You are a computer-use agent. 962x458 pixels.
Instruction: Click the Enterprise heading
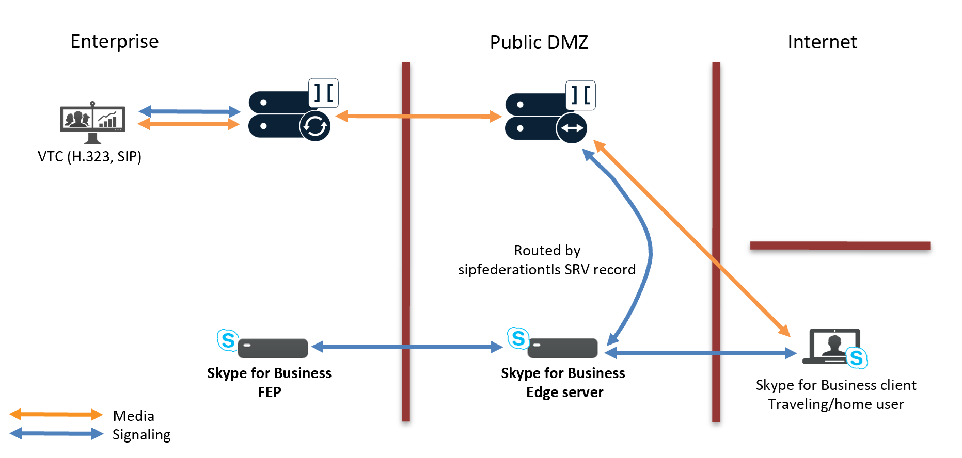[x=114, y=41]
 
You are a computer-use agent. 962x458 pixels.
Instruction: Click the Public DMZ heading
[x=539, y=42]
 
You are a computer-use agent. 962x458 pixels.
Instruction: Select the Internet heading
[x=822, y=42]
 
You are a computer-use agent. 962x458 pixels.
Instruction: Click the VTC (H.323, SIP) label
[x=89, y=156]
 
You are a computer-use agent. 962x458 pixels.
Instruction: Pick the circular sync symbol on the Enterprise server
[x=315, y=125]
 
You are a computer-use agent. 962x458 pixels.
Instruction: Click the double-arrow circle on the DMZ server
[x=572, y=128]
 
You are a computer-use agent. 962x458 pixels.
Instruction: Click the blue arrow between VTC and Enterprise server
[x=190, y=111]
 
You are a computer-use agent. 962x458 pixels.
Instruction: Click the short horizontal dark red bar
[x=840, y=246]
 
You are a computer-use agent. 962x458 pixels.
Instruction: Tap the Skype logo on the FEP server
[x=228, y=340]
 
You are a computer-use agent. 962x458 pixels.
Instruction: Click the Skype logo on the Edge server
[x=518, y=338]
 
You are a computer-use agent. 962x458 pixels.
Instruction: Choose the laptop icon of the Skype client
[x=832, y=347]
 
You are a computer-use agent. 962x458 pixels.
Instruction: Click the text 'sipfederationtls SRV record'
[x=546, y=270]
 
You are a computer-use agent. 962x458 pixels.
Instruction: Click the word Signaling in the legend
[x=141, y=435]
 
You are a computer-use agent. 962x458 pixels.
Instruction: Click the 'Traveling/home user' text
[x=835, y=404]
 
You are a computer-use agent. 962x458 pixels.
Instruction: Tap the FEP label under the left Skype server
[x=269, y=392]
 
